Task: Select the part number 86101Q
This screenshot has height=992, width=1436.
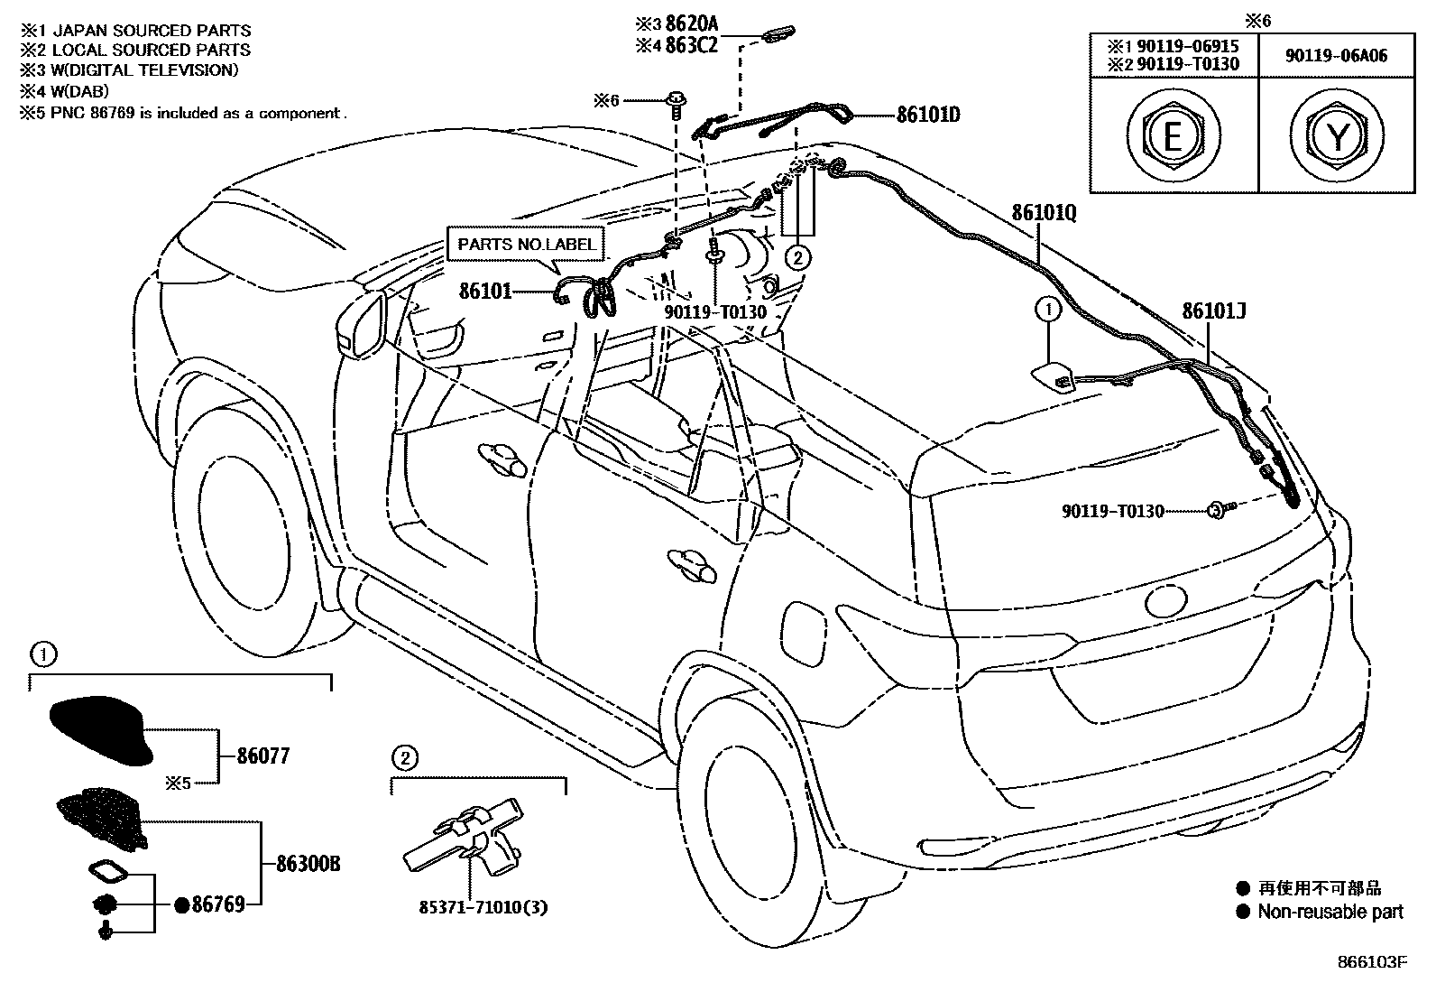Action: pos(1044,213)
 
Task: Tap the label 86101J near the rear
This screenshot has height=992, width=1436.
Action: pos(1213,312)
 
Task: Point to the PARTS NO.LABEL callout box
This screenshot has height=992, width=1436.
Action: pos(527,244)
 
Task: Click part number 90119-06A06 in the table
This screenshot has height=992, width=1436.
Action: pos(1336,56)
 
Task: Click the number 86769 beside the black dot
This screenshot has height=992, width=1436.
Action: pos(217,904)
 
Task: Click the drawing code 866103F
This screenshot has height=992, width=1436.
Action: pos(1371,962)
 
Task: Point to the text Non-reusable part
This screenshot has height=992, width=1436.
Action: pos(1330,912)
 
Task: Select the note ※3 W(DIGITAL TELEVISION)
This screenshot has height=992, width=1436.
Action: pos(129,70)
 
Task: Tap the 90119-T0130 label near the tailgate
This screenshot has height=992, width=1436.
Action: pos(1112,511)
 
